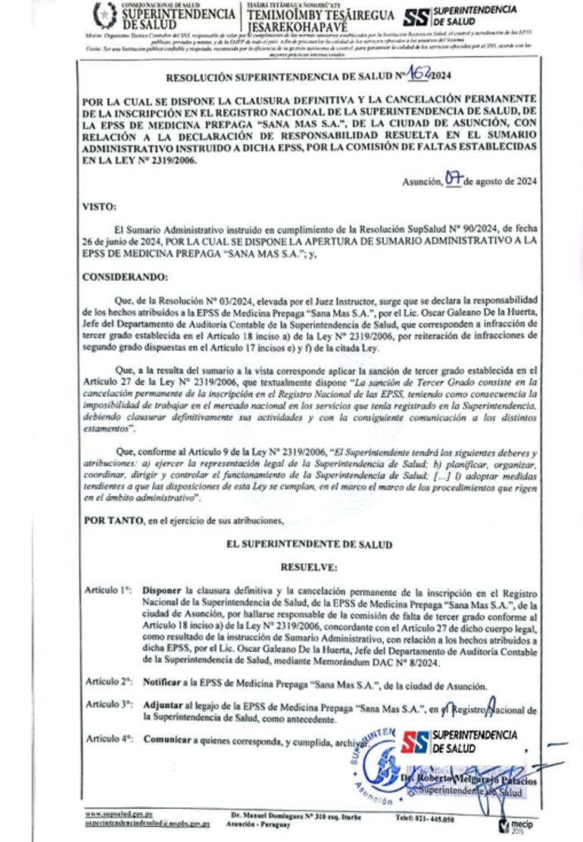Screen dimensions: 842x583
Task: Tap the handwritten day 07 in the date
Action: click(x=454, y=179)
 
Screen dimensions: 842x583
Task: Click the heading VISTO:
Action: click(x=98, y=205)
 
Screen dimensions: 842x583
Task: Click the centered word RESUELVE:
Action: click(x=308, y=566)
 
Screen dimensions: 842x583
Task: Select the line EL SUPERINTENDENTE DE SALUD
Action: click(x=309, y=544)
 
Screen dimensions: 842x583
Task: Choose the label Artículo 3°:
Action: click(x=109, y=705)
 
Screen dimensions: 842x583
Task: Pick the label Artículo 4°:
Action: click(x=109, y=738)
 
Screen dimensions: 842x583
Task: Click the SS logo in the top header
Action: click(x=416, y=17)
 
